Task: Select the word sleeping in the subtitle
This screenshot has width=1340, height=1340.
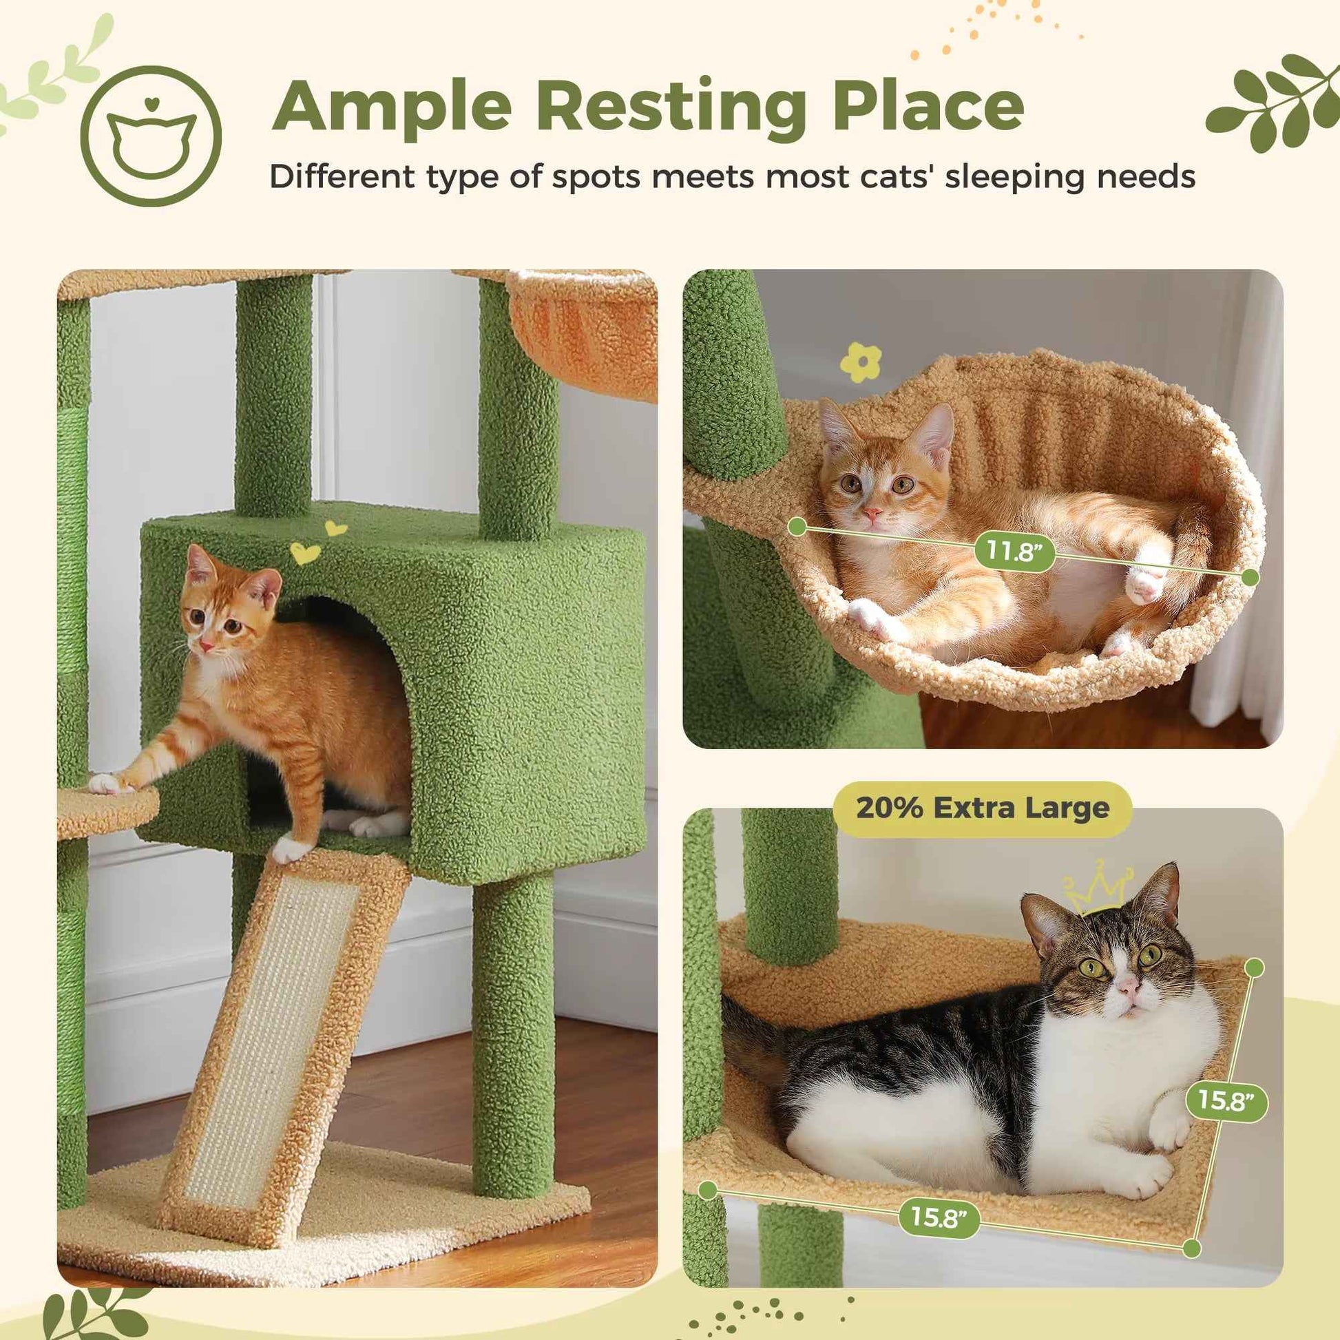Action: click(1014, 177)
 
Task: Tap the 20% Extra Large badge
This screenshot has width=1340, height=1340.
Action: click(982, 808)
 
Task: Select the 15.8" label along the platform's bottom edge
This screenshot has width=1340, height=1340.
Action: click(939, 1217)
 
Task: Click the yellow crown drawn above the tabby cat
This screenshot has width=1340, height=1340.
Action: click(1096, 887)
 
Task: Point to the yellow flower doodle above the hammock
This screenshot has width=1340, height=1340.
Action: click(861, 362)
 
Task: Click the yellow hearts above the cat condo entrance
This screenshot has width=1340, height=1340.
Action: click(315, 545)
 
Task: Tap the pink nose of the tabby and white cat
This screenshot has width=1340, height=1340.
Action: click(1129, 985)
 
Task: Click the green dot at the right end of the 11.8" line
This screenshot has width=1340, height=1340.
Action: click(1250, 577)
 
